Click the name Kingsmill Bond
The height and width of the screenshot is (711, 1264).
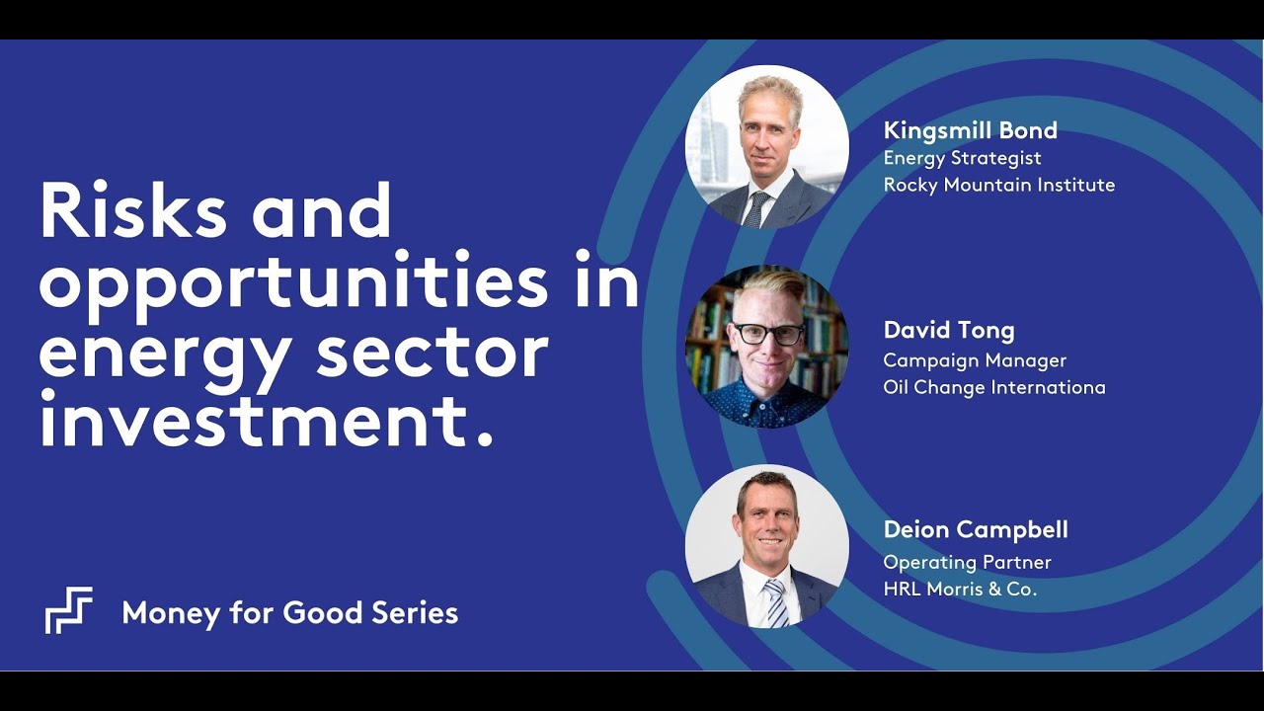970,130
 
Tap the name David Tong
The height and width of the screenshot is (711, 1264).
948,330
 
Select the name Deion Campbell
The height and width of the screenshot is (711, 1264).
975,530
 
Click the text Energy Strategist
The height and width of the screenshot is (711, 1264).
962,158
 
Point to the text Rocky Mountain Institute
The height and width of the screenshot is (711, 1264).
998,185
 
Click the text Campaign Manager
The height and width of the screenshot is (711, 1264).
975,360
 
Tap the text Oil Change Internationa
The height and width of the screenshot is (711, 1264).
993,387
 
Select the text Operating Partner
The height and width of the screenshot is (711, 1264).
967,562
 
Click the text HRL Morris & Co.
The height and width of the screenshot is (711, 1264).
960,589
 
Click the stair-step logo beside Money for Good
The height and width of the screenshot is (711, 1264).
69,610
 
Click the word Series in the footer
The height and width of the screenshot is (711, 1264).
415,613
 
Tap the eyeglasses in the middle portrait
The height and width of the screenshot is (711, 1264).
767,334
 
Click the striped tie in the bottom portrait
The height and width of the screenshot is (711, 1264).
776,601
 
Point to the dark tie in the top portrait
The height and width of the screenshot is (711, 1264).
757,208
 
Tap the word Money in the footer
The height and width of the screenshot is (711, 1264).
169,613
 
